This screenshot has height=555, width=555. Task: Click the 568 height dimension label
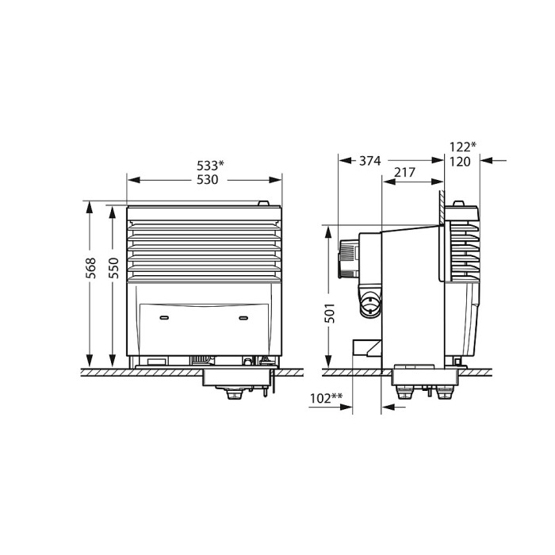(91, 268)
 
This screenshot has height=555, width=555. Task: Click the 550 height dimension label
(113, 268)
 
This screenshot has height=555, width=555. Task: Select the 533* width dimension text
(210, 165)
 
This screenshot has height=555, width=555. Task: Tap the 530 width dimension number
(208, 180)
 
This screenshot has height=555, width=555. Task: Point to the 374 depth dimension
(370, 161)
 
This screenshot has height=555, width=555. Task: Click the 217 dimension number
(404, 172)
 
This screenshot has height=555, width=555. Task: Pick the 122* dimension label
(462, 147)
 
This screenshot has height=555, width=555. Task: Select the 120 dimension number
(460, 162)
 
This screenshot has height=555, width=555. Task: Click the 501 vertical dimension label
(330, 313)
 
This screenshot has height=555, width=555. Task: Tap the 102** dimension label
(326, 398)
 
